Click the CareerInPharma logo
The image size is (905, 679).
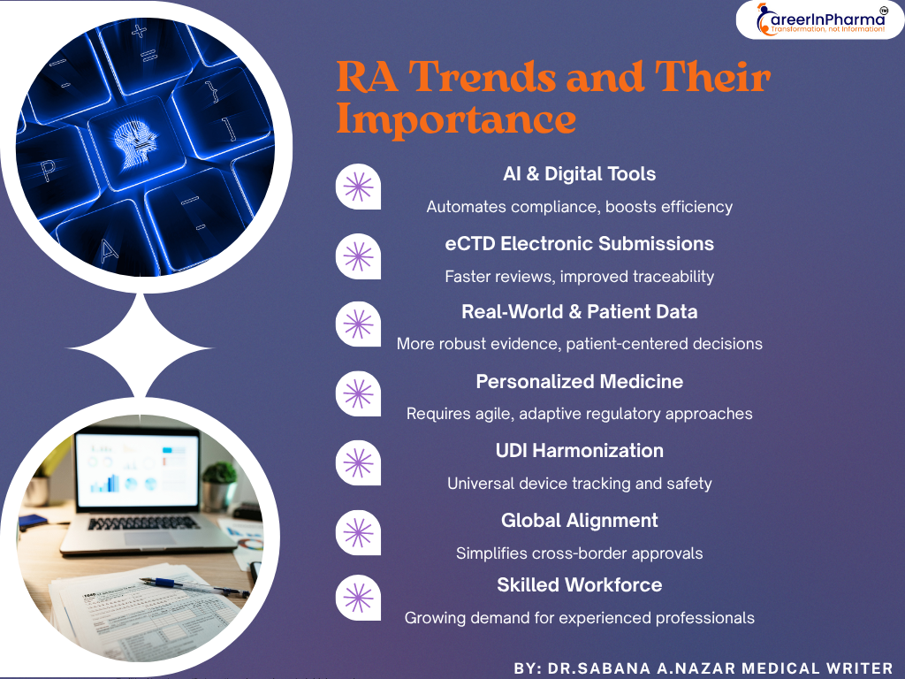coord(819,19)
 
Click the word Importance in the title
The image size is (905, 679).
coord(456,119)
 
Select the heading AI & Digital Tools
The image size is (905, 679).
coord(580,174)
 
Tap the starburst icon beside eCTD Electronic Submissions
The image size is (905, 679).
coord(357,256)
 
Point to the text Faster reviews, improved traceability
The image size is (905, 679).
coord(580,276)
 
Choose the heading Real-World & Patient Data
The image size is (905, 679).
coord(580,311)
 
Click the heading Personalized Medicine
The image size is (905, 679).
coord(580,381)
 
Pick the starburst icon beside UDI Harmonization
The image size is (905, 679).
coord(357,463)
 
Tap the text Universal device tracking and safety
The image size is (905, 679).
coord(580,484)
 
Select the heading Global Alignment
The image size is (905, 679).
coord(580,520)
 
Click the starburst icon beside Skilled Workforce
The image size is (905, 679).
coord(357,598)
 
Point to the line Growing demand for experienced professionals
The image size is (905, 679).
coord(580,618)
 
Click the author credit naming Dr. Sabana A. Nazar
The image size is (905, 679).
coord(703,668)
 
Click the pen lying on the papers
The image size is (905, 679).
coord(190,585)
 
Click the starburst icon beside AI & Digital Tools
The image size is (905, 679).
coord(357,187)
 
